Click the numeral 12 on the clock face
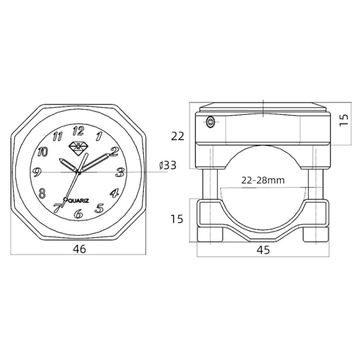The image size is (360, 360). [77, 131]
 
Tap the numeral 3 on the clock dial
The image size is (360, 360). [120, 172]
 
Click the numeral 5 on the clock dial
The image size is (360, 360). [99, 208]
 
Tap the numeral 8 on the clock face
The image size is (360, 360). [42, 193]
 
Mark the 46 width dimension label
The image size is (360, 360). [79, 249]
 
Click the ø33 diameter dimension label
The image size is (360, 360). [168, 166]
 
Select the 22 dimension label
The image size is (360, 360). [178, 136]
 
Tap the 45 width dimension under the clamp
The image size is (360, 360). [263, 250]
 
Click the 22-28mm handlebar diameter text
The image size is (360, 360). [263, 180]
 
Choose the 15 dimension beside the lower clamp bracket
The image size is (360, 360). [177, 219]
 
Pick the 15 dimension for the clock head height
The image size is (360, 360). [343, 120]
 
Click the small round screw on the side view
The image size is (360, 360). [210, 122]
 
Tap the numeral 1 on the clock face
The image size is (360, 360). [98, 136]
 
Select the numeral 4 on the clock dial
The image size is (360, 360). [114, 193]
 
